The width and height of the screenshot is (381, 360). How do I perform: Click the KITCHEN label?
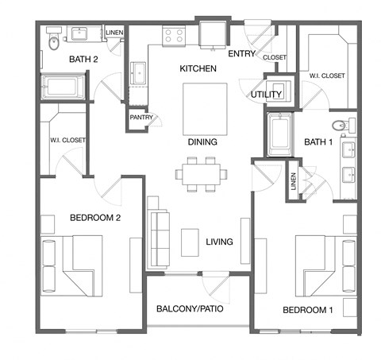click(198, 69)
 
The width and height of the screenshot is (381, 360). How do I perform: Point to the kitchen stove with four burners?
click(174, 35)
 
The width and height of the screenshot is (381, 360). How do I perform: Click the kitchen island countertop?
click(199, 108)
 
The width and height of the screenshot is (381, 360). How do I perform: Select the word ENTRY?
click(241, 54)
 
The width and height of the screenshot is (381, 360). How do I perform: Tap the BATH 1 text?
click(318, 143)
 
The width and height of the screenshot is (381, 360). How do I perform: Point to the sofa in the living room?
click(159, 230)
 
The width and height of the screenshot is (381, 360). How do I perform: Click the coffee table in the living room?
click(189, 242)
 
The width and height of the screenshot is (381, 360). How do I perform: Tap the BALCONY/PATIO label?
click(189, 308)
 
